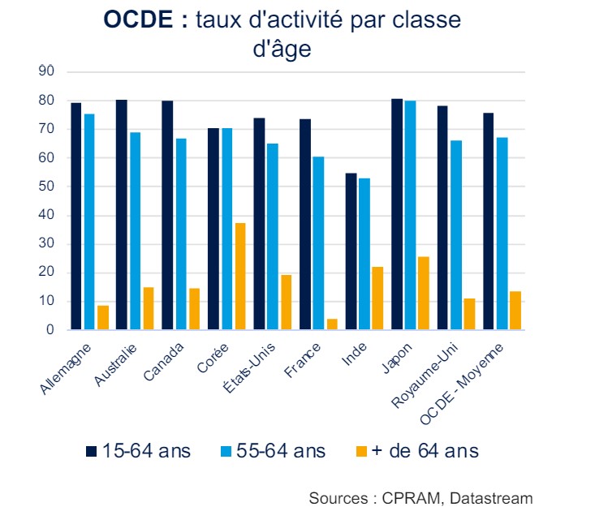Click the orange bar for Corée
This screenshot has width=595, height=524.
pos(240,277)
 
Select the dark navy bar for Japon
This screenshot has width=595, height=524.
pos(397,214)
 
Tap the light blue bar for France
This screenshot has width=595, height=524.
pos(319,243)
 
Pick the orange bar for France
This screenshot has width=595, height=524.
pos(332,324)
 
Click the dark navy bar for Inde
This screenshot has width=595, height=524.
pos(351,251)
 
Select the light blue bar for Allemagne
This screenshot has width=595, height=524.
pos(89,222)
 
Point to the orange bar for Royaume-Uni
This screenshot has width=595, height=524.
pos(469,315)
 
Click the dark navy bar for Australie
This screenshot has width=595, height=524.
pos(122,215)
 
